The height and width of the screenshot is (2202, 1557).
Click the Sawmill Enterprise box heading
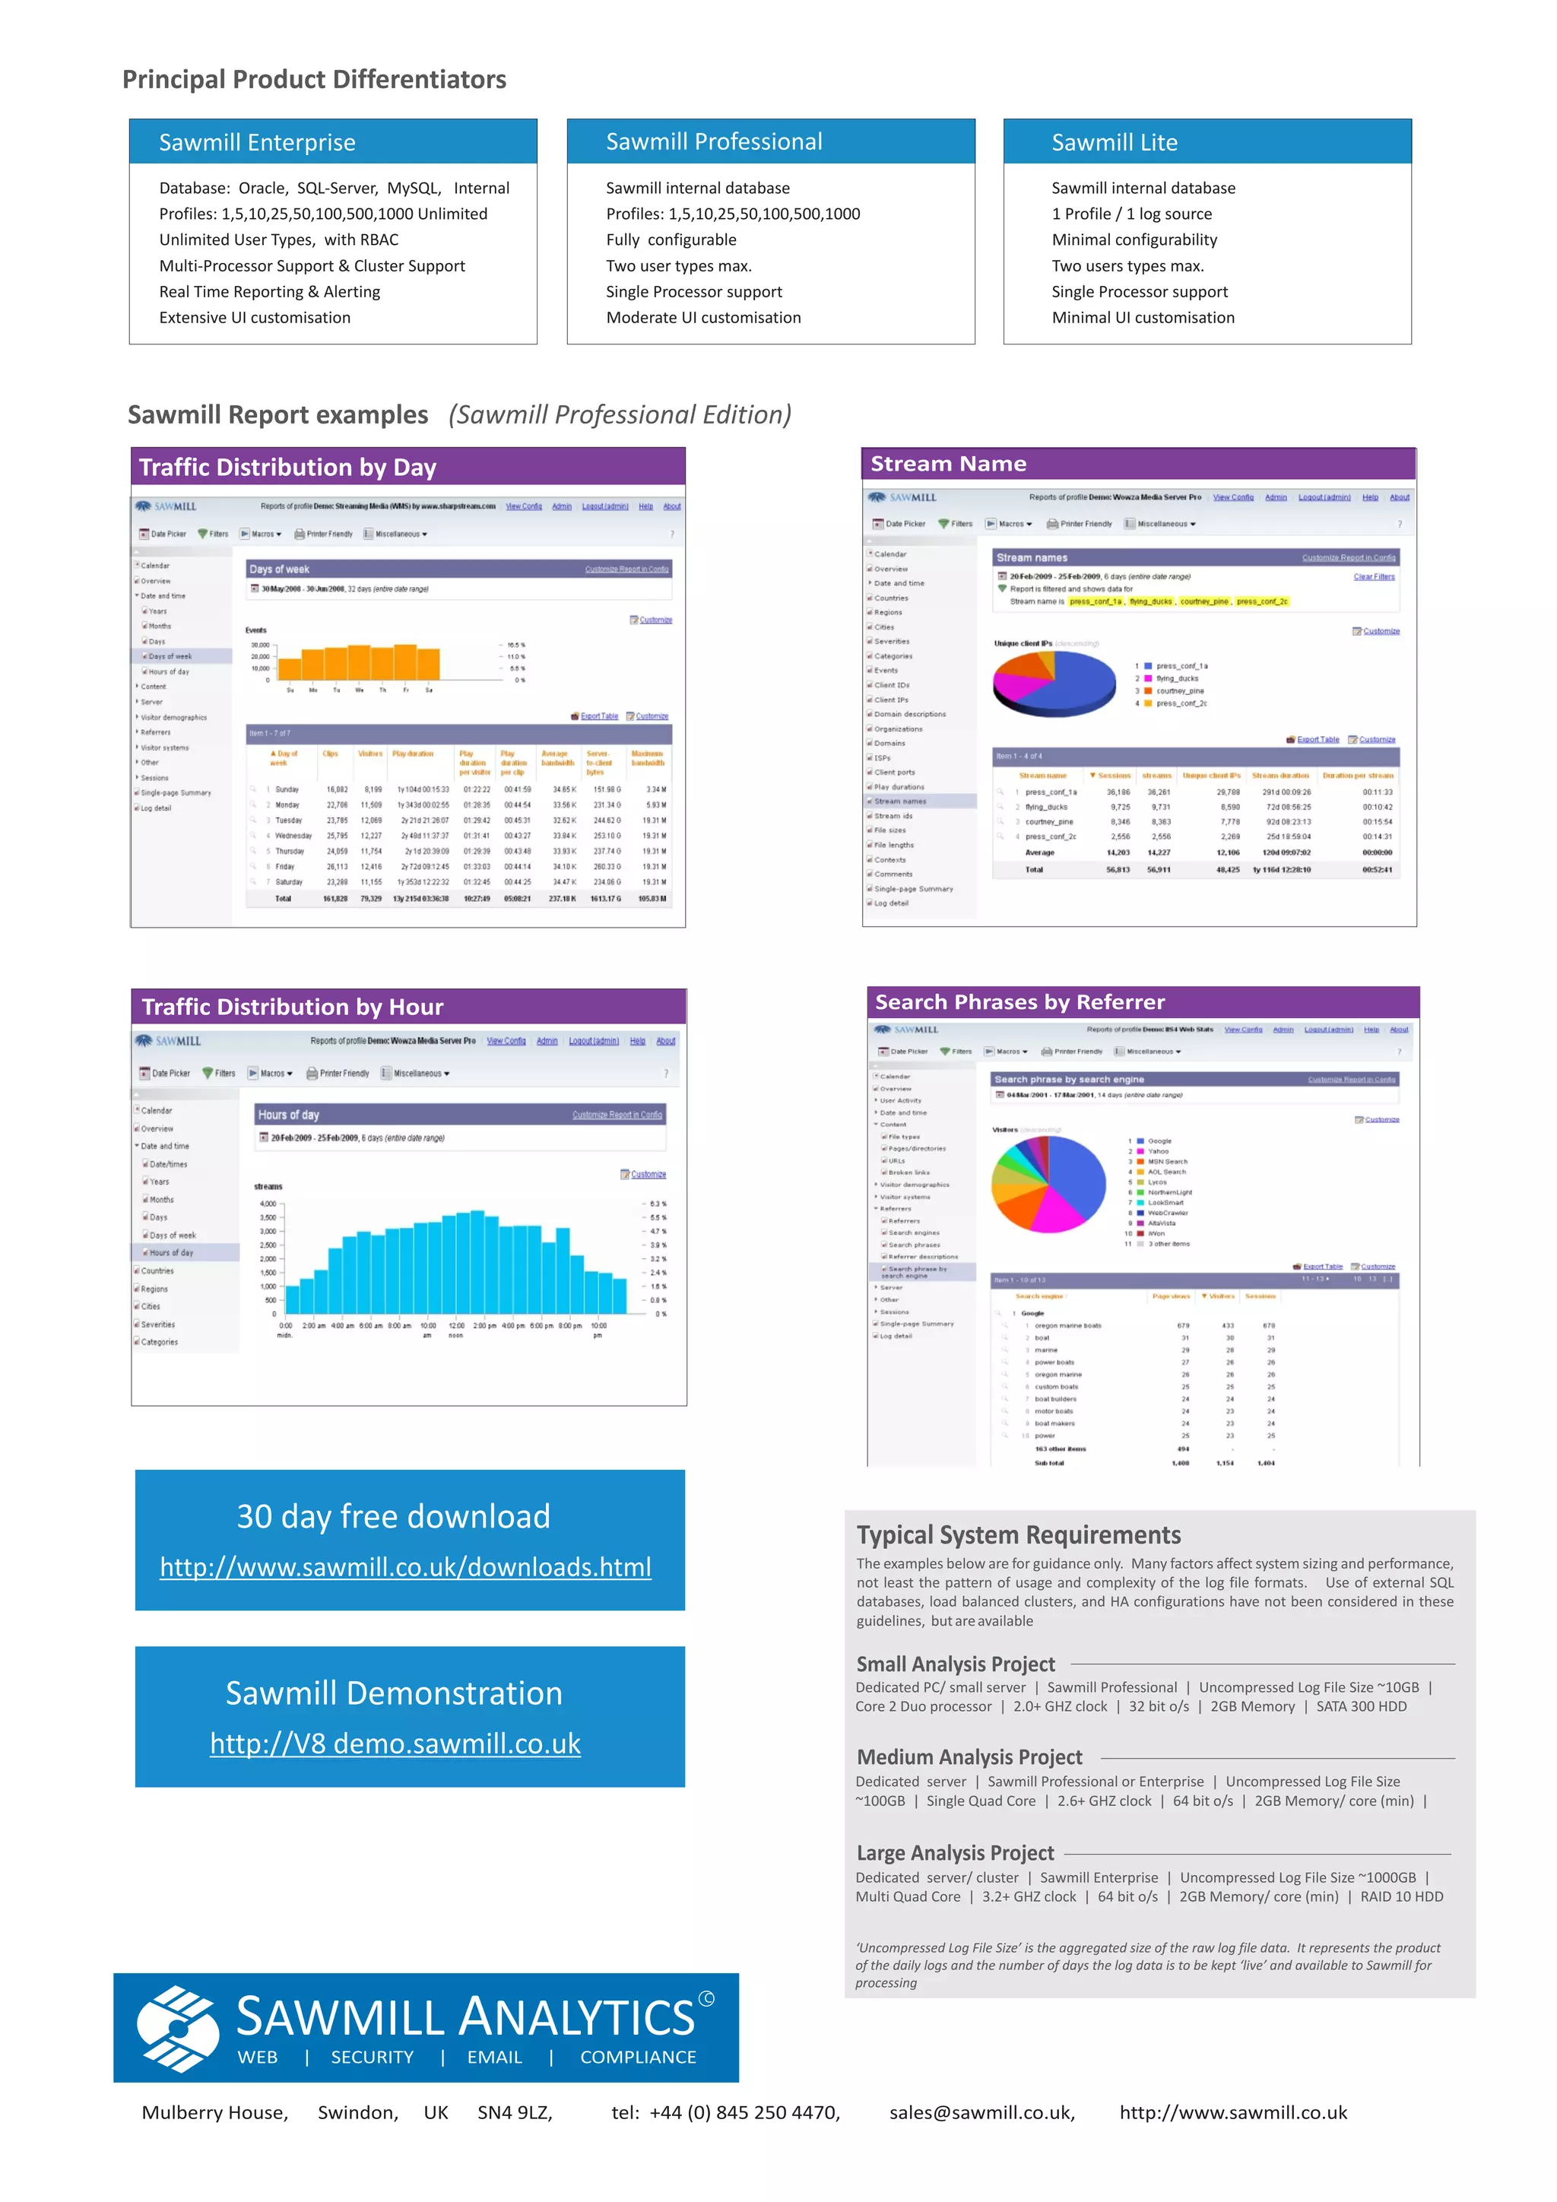click(257, 143)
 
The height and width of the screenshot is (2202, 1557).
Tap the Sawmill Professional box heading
click(713, 142)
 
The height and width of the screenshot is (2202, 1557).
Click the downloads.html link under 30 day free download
click(405, 1567)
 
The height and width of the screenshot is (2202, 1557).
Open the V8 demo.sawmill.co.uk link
click(395, 1744)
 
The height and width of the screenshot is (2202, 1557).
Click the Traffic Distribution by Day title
click(287, 467)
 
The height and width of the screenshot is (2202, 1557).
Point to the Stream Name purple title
click(948, 464)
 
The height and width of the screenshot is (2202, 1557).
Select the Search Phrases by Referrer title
click(1020, 1002)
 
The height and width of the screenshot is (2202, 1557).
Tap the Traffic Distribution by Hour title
click(293, 1007)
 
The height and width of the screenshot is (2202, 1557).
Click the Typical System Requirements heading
click(1018, 1535)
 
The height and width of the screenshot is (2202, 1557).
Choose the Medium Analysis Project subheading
click(969, 1757)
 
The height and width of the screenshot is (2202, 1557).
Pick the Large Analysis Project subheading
click(955, 1853)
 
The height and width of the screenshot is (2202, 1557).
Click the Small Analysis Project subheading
click(955, 1664)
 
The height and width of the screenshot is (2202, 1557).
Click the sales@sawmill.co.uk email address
click(981, 2113)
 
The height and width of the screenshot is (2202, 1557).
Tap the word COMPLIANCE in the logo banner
click(638, 2058)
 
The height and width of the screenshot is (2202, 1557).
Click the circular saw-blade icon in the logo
click(176, 2027)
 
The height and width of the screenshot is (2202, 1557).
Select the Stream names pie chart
click(1054, 683)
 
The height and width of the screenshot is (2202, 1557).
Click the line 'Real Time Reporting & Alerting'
click(269, 291)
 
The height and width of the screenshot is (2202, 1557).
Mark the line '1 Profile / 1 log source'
click(1131, 214)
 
